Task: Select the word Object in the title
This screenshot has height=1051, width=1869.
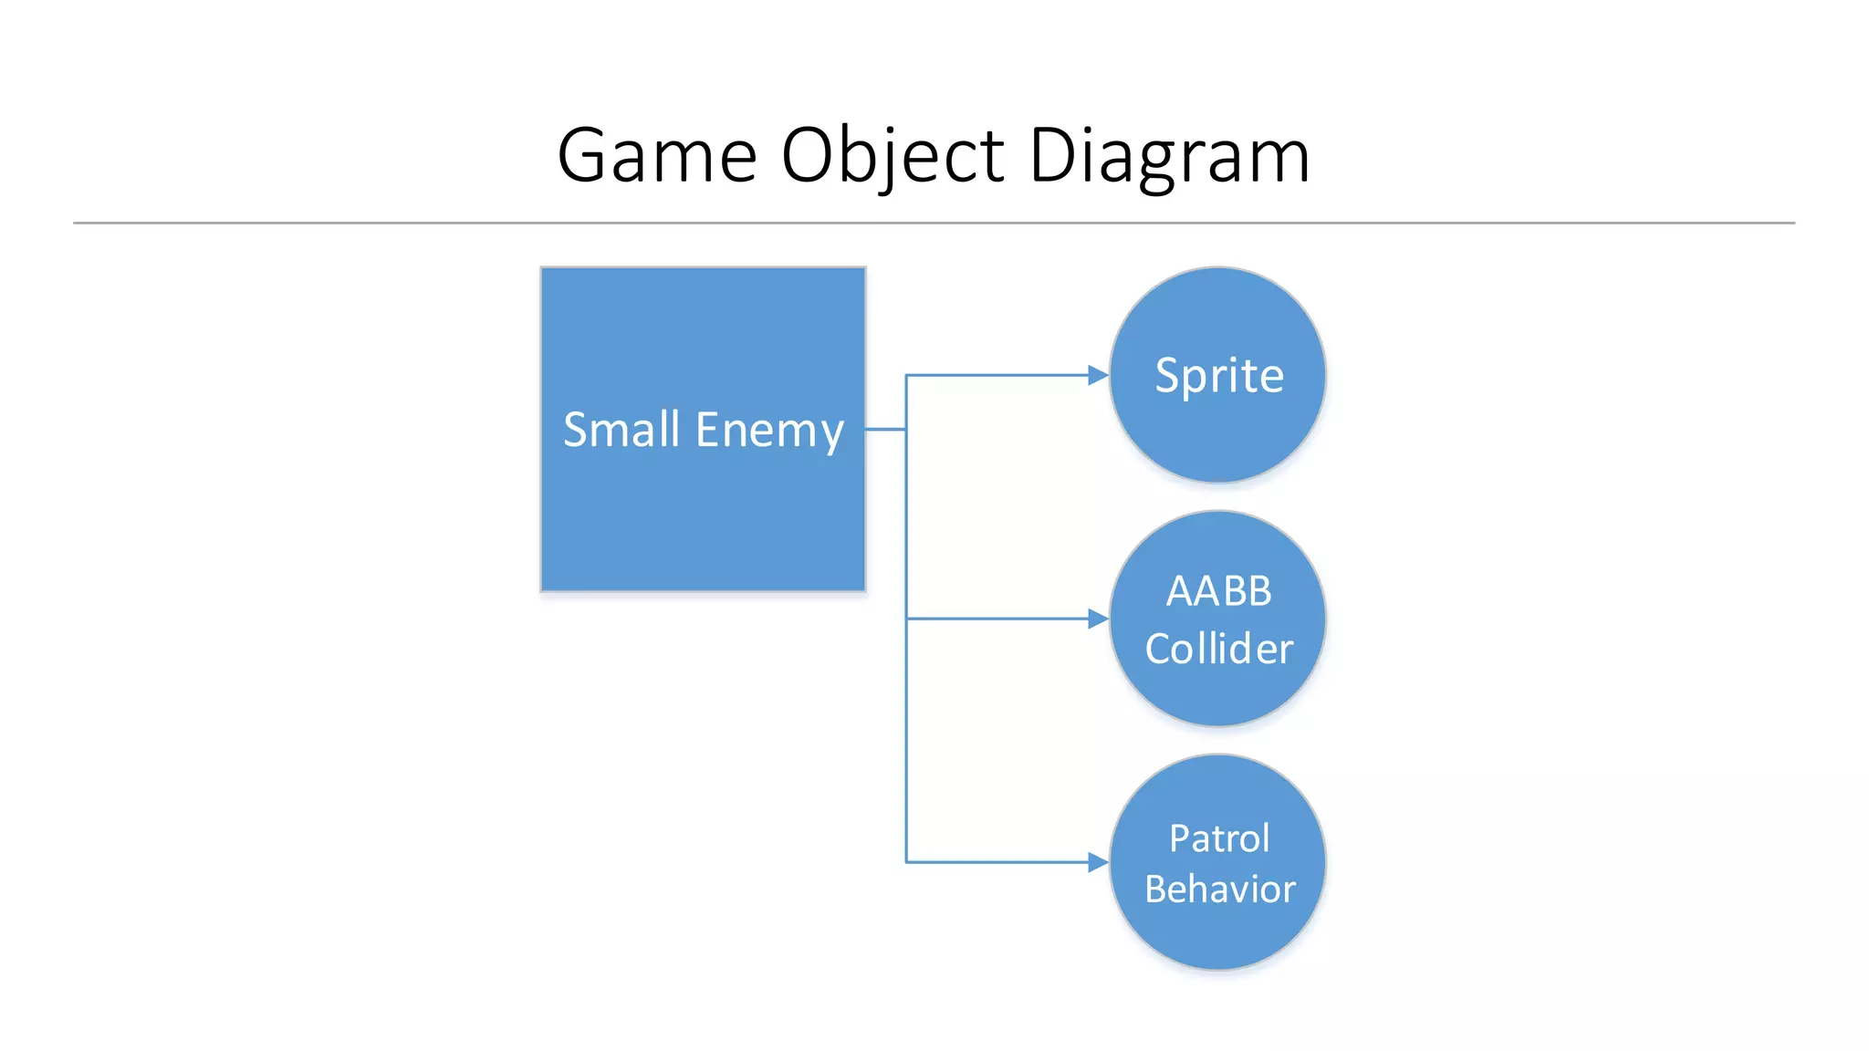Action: pos(893,156)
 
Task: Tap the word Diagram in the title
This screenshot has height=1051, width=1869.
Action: pos(1169,156)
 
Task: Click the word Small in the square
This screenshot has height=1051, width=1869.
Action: pos(621,430)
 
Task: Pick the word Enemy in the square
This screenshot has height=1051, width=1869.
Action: pos(768,431)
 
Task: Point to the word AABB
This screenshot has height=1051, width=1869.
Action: pos(1218,591)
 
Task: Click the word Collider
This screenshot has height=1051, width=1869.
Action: pos(1219,649)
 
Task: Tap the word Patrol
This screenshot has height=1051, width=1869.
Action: pos(1219,838)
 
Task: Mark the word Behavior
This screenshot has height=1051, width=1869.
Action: pos(1220,890)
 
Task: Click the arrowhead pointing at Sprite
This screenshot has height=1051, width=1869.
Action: pos(1098,375)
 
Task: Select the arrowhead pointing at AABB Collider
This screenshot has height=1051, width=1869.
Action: pos(1098,619)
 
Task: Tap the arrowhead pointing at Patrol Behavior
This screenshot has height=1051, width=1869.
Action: pos(1098,862)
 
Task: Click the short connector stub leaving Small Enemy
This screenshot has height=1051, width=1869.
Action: pos(885,429)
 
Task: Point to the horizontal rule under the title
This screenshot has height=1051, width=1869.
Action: pos(934,223)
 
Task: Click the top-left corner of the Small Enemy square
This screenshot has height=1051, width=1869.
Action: pos(543,269)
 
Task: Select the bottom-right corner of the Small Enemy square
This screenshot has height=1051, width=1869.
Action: pos(863,589)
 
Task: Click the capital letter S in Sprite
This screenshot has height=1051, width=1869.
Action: pos(1167,375)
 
